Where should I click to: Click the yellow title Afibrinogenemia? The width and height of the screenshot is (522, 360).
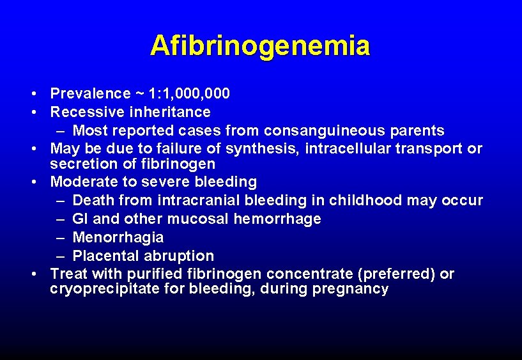260,46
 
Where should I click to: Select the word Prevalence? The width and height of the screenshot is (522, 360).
90,94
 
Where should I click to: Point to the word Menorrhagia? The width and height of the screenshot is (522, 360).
118,238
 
